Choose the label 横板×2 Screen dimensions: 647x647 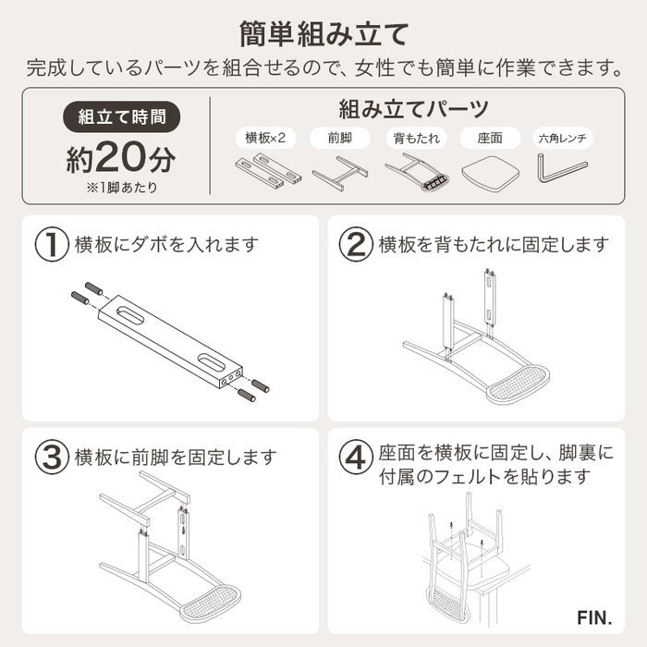tap(266, 139)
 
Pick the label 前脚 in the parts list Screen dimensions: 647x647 tap(341, 139)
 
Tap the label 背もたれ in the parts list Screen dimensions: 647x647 tap(415, 139)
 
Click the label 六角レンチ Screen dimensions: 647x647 tap(564, 139)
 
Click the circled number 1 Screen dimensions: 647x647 tap(52, 245)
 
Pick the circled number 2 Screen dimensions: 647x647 tap(355, 245)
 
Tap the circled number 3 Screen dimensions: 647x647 tap(52, 457)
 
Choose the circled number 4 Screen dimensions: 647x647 tap(355, 457)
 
